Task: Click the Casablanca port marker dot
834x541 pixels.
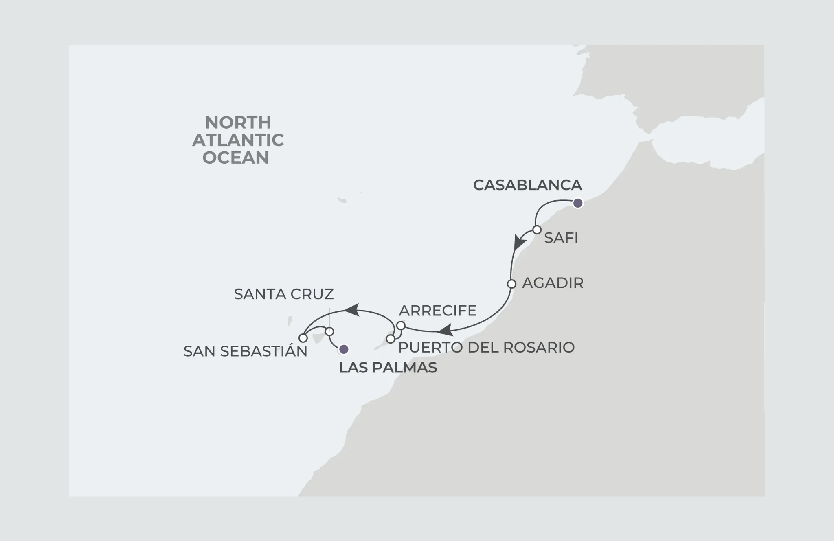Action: click(577, 203)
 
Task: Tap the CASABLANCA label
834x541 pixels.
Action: click(527, 185)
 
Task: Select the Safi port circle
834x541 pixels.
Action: click(537, 230)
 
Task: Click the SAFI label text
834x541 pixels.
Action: click(561, 238)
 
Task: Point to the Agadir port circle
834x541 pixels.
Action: click(511, 284)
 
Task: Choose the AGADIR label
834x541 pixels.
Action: click(553, 283)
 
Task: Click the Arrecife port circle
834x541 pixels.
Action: click(401, 326)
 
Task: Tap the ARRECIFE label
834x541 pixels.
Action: click(438, 311)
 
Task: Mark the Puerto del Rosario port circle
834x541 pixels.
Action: click(391, 339)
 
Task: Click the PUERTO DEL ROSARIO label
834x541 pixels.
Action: click(486, 348)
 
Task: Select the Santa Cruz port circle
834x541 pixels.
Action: click(329, 331)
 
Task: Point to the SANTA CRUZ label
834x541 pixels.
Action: click(284, 294)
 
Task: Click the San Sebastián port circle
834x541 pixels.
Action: click(303, 338)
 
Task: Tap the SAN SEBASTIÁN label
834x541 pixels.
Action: click(245, 351)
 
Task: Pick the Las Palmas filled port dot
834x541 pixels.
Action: click(344, 349)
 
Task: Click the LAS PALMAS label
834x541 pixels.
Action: click(388, 368)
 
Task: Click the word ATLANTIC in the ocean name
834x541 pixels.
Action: click(238, 140)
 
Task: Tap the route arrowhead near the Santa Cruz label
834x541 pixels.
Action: click(351, 310)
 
